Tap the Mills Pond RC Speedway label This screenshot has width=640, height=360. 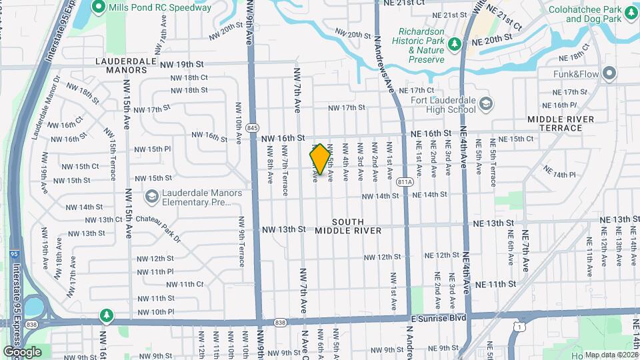(159, 8)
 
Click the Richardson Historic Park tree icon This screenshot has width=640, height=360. (455, 44)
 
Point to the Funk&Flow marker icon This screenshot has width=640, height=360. (609, 73)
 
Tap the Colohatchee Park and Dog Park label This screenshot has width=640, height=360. (593, 14)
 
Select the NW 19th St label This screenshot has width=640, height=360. (181, 65)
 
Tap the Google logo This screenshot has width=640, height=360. (22, 351)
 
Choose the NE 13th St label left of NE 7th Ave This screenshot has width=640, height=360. (493, 223)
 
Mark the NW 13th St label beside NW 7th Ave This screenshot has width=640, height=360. (283, 229)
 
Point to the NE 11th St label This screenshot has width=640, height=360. (494, 284)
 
